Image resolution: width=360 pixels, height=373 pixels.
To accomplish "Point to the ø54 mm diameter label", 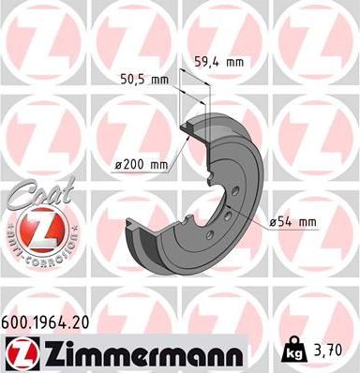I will point(292,221).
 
